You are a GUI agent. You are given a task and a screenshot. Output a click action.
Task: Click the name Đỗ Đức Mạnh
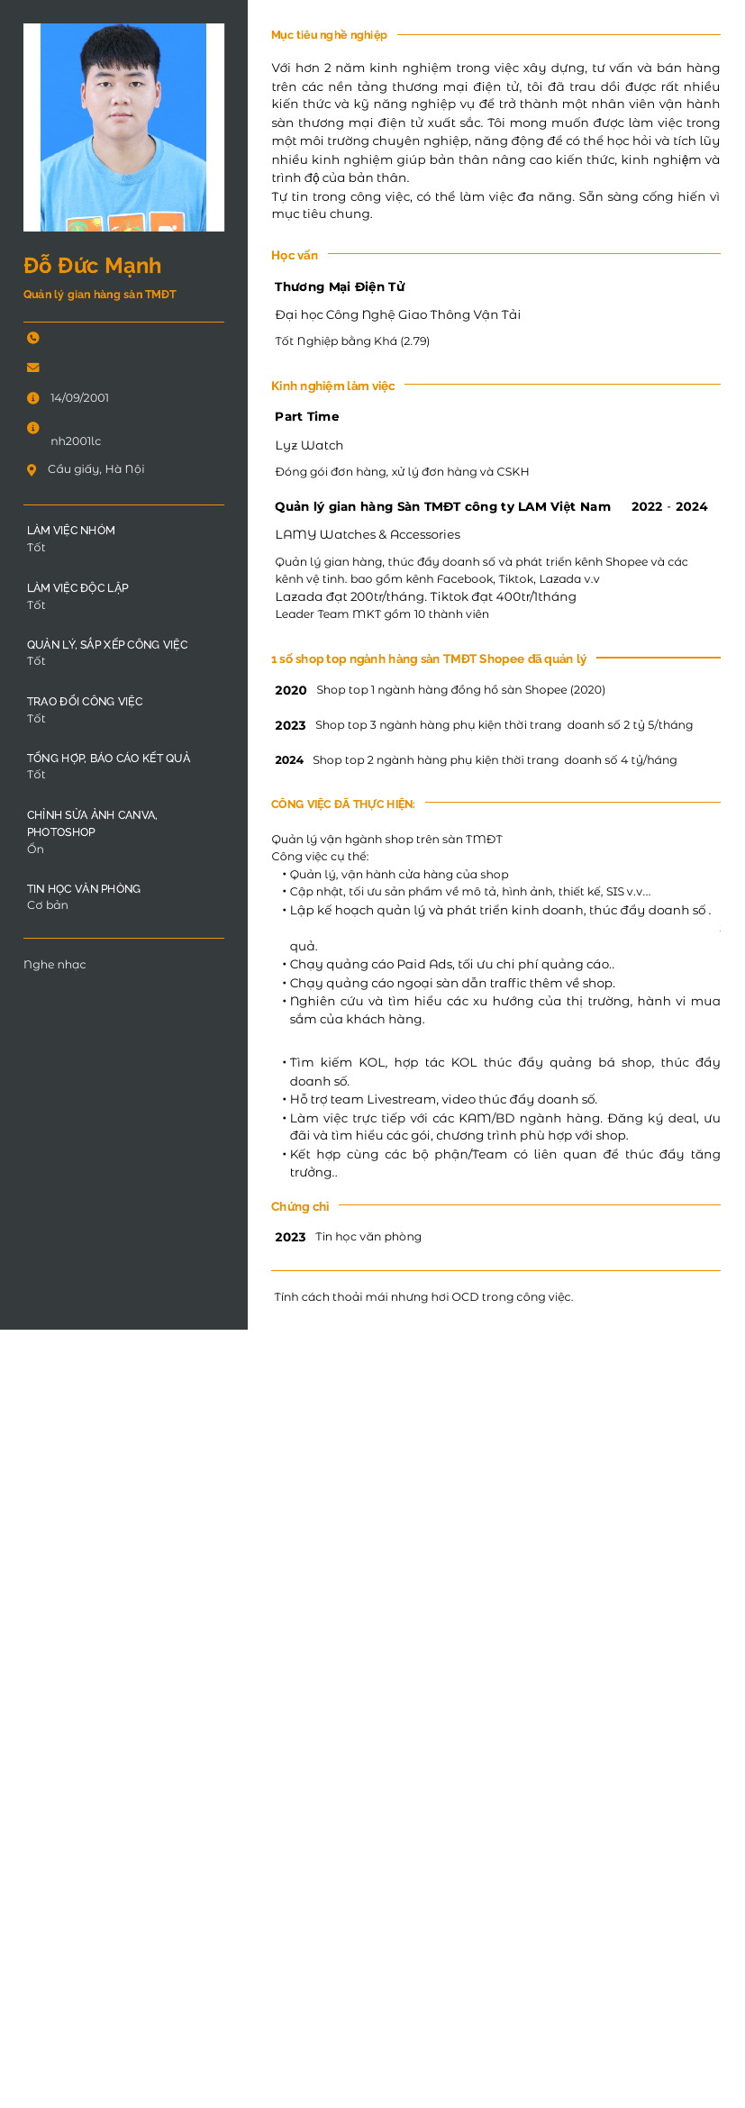(92, 266)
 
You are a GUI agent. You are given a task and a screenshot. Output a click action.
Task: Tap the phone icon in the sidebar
(33, 338)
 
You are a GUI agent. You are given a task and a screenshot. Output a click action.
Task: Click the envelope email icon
(33, 368)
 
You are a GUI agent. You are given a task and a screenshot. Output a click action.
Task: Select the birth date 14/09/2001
(79, 398)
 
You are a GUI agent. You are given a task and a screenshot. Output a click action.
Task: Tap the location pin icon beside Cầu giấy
(32, 469)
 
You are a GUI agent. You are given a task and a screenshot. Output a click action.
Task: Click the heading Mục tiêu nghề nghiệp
(329, 35)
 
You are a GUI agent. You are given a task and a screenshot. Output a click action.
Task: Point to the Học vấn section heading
(295, 256)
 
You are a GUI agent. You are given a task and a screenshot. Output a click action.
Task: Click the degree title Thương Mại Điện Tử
(340, 287)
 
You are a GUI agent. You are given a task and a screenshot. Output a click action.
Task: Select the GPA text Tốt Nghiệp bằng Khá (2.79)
(352, 341)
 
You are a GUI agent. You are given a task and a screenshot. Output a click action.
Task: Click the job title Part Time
(307, 417)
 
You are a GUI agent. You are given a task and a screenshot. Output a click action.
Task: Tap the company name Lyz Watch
(309, 446)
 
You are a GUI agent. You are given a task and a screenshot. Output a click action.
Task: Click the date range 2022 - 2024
(669, 507)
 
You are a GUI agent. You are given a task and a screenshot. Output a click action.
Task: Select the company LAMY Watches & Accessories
(368, 535)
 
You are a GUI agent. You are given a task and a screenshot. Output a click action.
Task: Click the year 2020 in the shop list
(291, 691)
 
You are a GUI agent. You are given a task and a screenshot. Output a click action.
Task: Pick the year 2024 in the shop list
(289, 760)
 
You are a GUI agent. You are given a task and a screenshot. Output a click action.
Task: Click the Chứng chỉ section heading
(300, 1207)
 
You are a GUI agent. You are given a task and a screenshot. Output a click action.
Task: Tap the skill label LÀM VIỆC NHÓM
(71, 531)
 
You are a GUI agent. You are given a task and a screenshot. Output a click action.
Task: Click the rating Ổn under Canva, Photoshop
(35, 850)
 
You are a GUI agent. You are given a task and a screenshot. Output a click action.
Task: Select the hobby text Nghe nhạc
(55, 965)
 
